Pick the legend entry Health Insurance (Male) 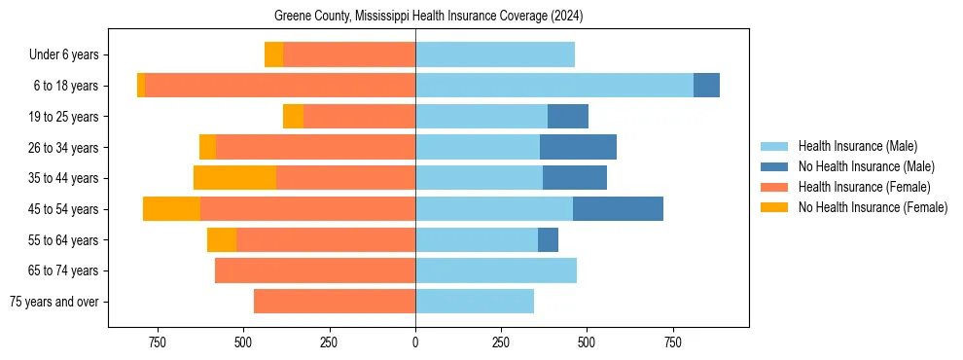click(x=857, y=146)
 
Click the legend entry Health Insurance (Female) click(x=864, y=187)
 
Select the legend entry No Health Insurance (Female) click(x=873, y=207)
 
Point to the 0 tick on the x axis click(x=415, y=342)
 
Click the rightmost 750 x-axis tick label click(x=672, y=342)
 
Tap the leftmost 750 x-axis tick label click(x=158, y=342)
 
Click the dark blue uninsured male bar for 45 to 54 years click(x=618, y=209)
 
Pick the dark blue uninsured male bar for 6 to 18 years click(x=706, y=86)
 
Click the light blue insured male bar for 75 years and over click(x=475, y=302)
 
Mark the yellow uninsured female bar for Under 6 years click(x=273, y=54)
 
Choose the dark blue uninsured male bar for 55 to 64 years click(x=548, y=239)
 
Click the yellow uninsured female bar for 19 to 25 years click(x=293, y=117)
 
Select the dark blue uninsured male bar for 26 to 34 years click(x=578, y=147)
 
